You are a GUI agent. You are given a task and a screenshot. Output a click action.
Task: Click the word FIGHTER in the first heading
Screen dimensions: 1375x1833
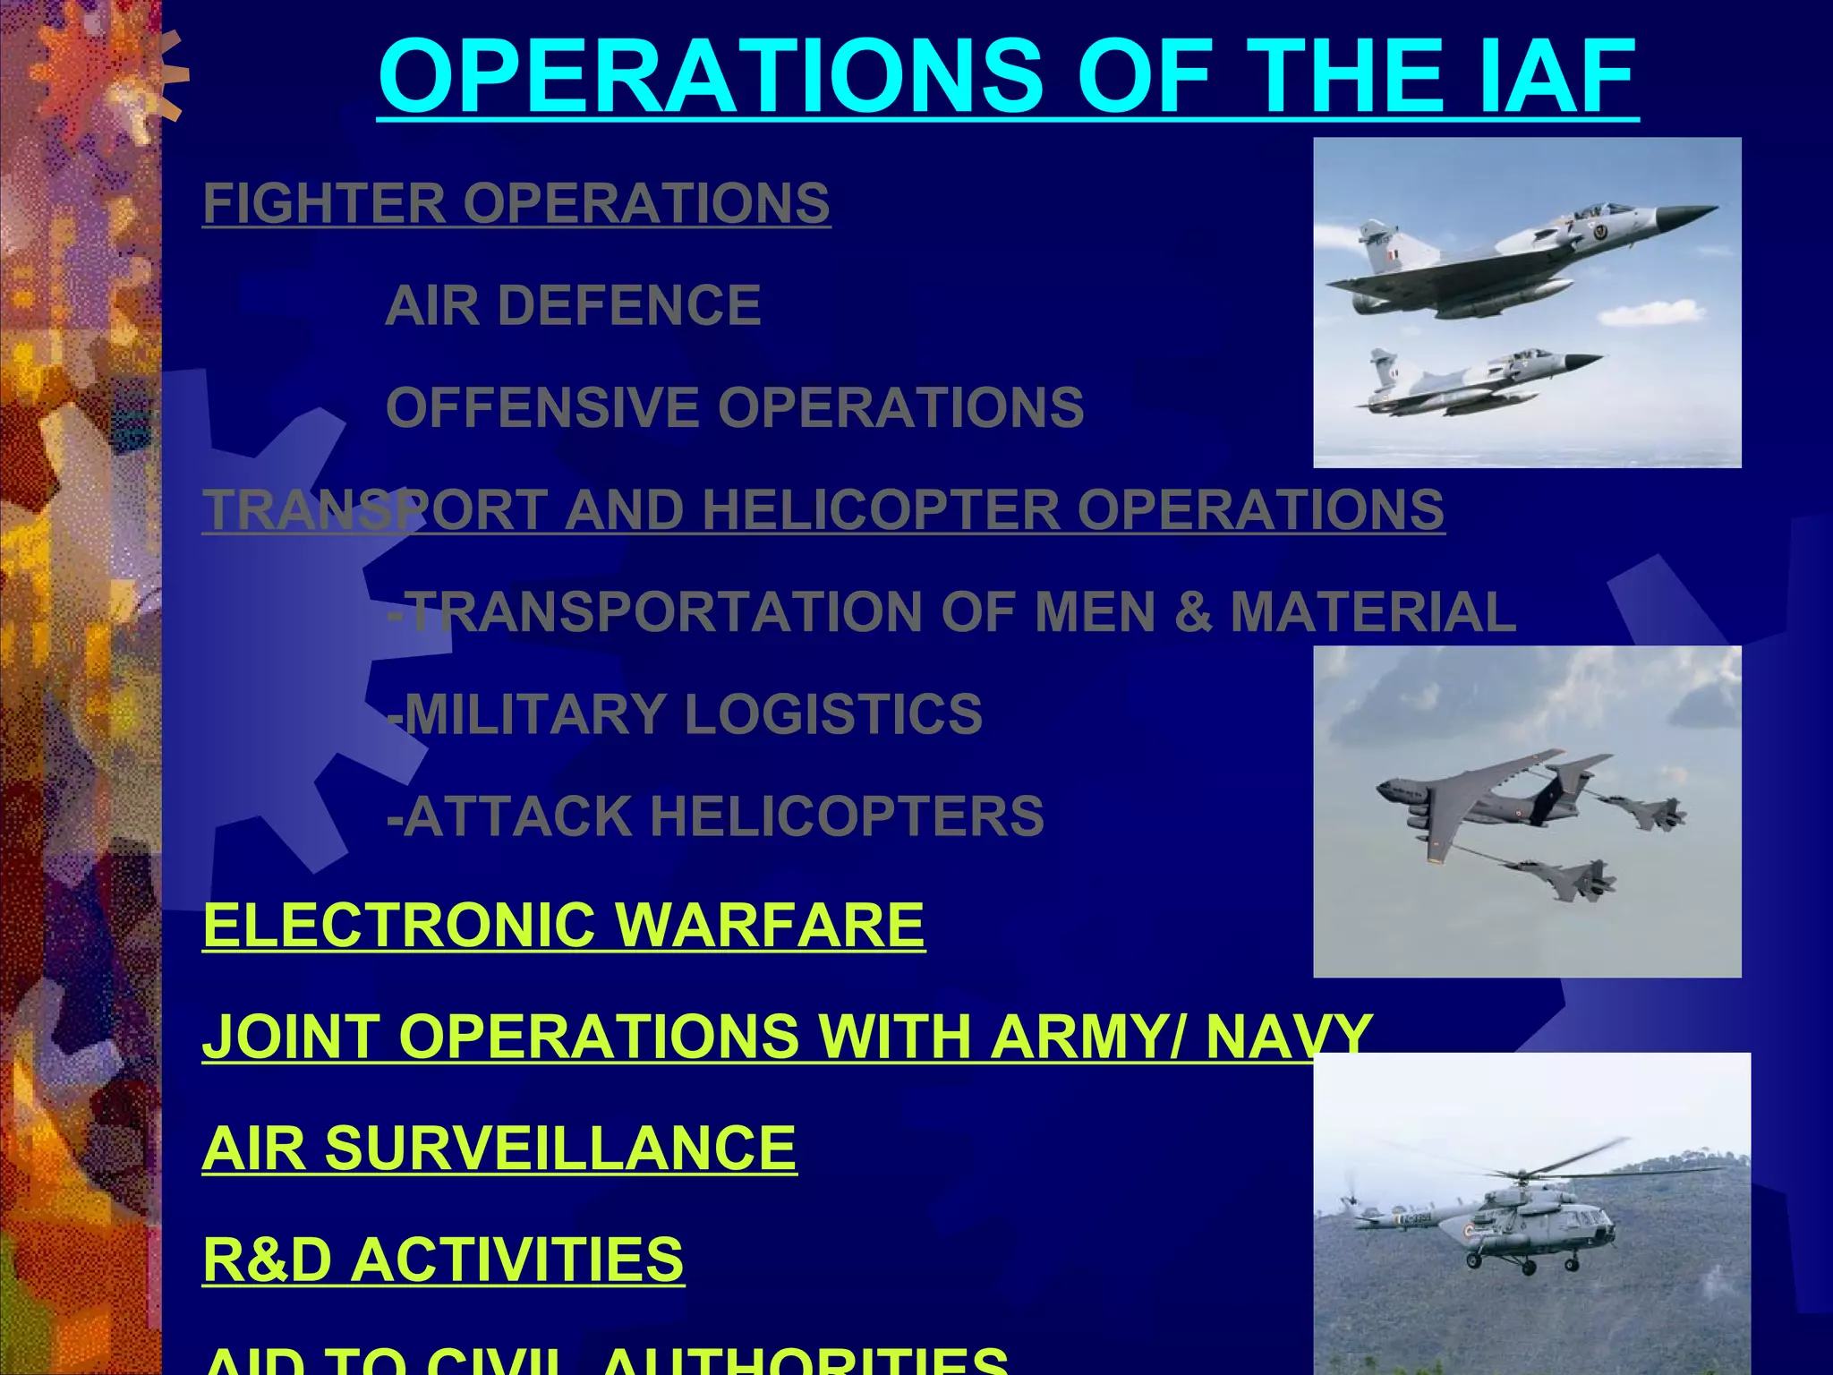point(324,203)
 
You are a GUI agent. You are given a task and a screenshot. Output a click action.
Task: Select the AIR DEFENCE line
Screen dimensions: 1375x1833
point(573,305)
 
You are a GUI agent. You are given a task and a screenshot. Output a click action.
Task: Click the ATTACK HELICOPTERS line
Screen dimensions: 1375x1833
point(716,816)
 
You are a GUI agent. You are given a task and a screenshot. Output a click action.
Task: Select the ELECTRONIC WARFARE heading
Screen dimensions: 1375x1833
point(564,925)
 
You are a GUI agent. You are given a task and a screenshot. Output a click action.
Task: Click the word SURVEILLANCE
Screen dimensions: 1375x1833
point(559,1148)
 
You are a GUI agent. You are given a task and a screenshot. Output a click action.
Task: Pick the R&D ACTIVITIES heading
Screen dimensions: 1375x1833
point(443,1260)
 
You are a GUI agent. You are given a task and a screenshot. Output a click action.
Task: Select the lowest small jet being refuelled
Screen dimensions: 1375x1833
point(1562,877)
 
